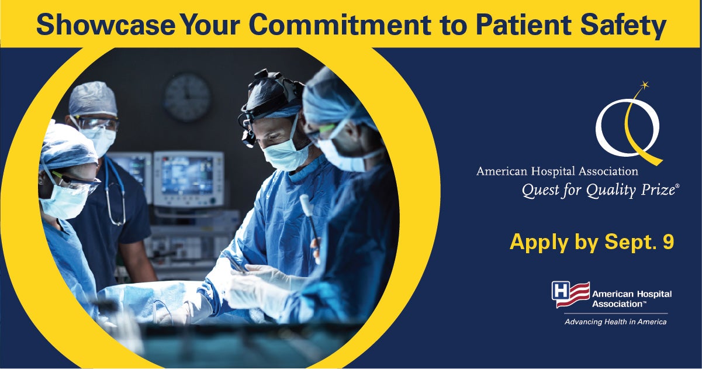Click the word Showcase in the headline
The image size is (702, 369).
106,25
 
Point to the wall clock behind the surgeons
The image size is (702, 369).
187,98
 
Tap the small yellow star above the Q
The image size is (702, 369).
644,84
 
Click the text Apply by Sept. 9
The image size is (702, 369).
592,242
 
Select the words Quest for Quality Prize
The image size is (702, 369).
599,190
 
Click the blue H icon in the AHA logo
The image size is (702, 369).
561,292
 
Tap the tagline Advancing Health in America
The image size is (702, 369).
615,322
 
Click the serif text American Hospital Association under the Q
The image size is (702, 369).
557,171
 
